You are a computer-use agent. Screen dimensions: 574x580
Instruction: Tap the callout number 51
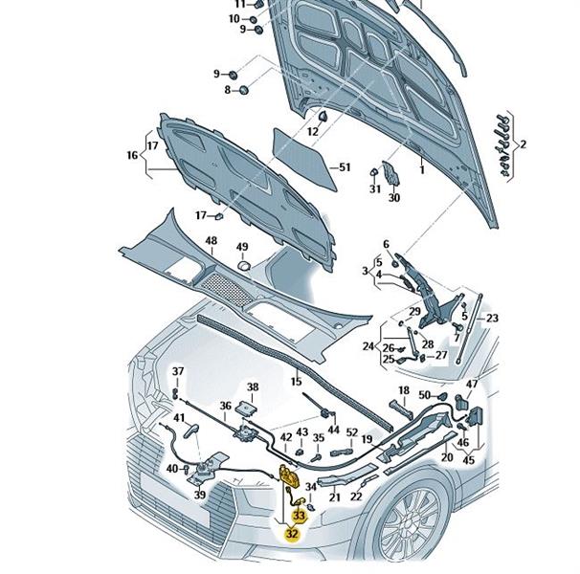tap(346, 167)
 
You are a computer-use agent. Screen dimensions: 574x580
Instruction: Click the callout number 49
tap(242, 247)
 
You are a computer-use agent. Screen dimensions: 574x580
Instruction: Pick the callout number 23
tap(493, 319)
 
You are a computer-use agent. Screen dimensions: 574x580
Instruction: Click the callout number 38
tap(253, 387)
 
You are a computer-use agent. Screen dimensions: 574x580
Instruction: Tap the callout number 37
tap(177, 371)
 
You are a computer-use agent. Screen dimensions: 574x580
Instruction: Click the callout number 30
tap(392, 199)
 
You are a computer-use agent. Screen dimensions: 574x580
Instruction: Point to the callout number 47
tap(471, 385)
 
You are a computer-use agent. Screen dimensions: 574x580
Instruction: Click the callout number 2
tap(524, 144)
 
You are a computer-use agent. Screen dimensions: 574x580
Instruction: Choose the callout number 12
tap(313, 130)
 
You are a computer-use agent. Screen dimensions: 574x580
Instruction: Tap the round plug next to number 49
tap(243, 263)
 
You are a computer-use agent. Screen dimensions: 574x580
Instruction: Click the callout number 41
tap(179, 418)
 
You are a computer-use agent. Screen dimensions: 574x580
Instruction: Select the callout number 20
tap(446, 458)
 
